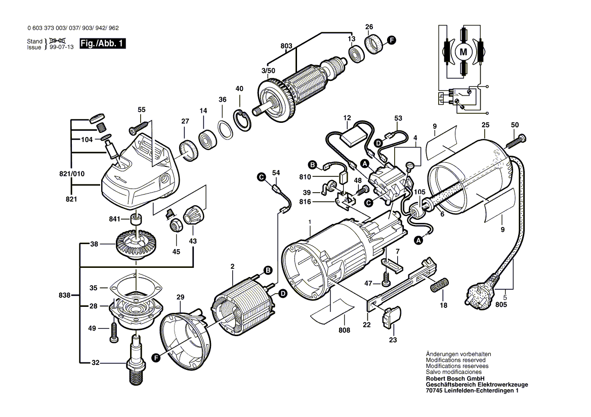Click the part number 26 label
point(369,27)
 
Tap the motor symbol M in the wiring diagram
point(462,51)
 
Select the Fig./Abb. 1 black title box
point(102,44)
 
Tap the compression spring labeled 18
point(438,285)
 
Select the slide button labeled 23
point(392,317)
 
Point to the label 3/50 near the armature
point(268,71)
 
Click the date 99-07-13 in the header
point(61,47)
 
